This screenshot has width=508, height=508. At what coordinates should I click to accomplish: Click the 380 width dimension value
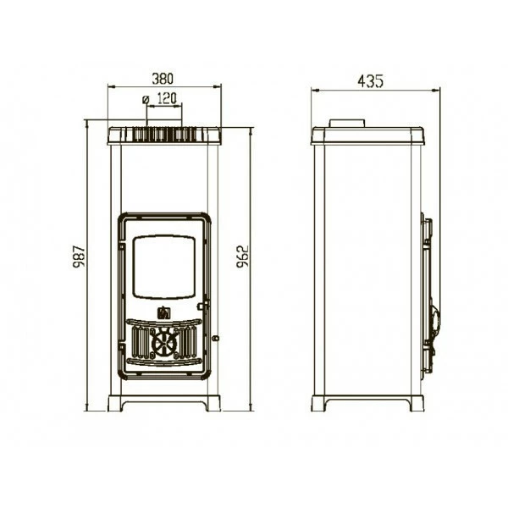coord(163,79)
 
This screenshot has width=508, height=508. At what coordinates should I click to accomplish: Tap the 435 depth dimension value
coord(370,81)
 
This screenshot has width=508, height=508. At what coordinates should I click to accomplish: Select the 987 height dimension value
coord(79,257)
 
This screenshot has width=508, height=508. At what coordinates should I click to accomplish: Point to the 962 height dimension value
coord(242,257)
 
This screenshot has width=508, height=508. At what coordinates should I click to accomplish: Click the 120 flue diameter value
coord(167,98)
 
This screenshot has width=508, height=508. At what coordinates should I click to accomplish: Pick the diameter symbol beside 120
coord(146,99)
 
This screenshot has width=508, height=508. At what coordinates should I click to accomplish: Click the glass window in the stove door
coord(164,267)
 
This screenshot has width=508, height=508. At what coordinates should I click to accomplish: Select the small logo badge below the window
coord(164,312)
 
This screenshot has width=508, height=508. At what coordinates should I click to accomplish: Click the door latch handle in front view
coord(203,306)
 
